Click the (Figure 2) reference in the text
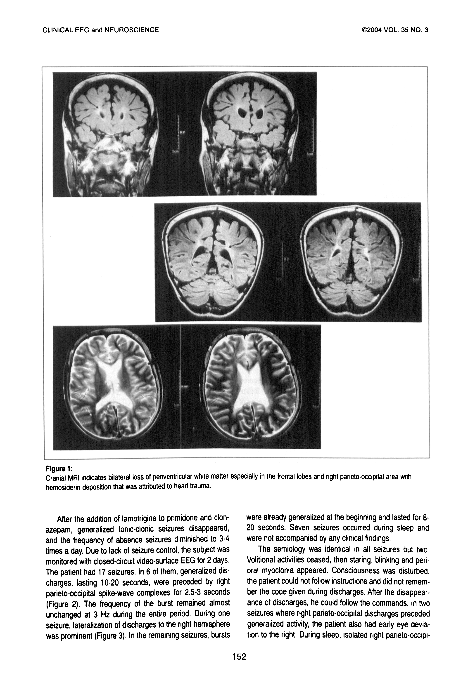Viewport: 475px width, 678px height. click(59, 603)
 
